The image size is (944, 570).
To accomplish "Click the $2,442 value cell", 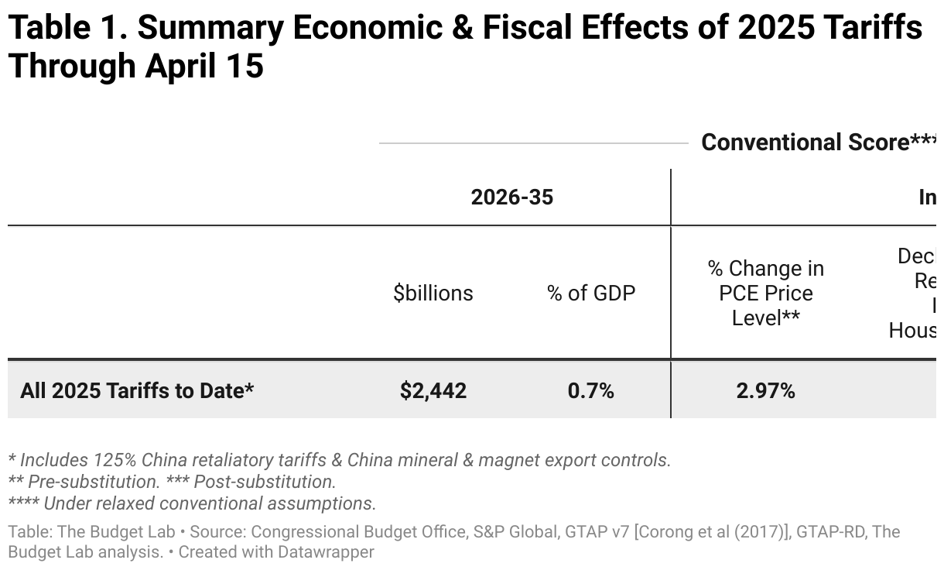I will click(x=433, y=391).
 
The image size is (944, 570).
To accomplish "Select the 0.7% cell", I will click(x=590, y=391).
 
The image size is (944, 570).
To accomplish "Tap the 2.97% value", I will click(x=765, y=391).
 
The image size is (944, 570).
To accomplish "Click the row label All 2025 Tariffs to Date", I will click(x=137, y=391).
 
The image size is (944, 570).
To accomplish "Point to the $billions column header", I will click(x=433, y=294).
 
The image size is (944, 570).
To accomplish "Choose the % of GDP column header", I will click(x=591, y=294).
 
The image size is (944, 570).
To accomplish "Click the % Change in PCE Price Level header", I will click(x=765, y=294).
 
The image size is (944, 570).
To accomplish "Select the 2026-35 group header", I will click(x=512, y=197).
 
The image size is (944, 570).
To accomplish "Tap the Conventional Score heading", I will click(x=805, y=142).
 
